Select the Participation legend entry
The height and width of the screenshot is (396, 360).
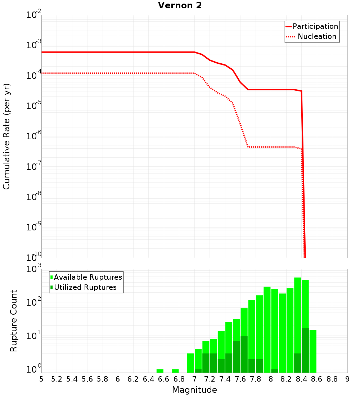[x=315, y=27]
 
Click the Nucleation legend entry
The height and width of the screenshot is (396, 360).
[x=316, y=37]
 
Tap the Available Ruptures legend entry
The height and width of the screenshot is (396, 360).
[x=87, y=277]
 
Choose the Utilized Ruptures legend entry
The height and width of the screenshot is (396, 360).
[x=85, y=287]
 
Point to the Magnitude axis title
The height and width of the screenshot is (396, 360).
[x=194, y=390]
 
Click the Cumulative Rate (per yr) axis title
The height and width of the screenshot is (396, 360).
[x=6, y=136]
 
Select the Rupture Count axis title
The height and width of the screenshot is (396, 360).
[x=14, y=320]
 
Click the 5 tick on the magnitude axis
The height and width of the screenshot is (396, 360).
[x=41, y=379]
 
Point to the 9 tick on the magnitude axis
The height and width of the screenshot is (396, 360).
[x=347, y=379]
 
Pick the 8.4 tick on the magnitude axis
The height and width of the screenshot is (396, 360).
[x=301, y=379]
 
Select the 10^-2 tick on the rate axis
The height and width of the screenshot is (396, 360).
[x=34, y=15]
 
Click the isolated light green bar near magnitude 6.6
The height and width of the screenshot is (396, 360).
[x=160, y=371]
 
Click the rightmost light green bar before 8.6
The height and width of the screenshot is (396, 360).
[x=313, y=351]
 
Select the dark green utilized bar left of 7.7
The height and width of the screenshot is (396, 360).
[x=244, y=355]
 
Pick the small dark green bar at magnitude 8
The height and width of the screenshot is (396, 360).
[x=275, y=371]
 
